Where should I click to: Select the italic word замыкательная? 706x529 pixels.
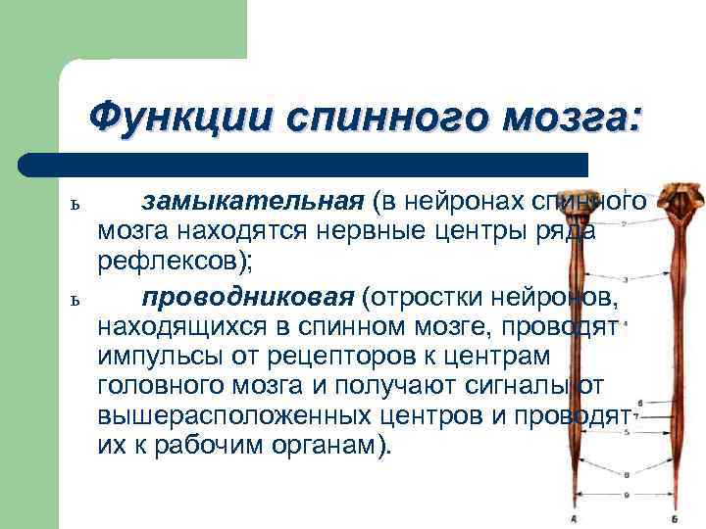(253, 202)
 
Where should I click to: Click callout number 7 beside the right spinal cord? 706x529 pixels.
(638, 417)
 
